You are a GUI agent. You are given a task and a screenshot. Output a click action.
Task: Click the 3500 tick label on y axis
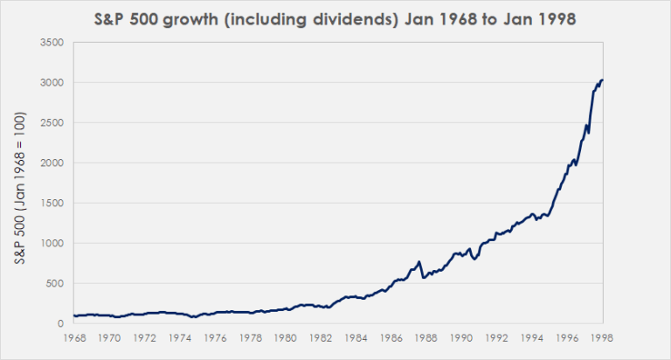(x=52, y=42)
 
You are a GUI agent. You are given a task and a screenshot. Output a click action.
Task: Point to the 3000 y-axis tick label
(x=52, y=82)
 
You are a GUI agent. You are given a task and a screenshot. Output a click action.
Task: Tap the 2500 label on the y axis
(x=52, y=122)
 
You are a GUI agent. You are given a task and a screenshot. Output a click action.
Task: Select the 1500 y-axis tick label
(x=52, y=203)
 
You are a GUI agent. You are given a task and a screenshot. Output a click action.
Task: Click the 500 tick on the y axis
(x=55, y=283)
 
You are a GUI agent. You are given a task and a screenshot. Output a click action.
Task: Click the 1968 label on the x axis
(x=74, y=336)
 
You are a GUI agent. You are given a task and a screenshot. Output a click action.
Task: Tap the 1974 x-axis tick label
(x=180, y=336)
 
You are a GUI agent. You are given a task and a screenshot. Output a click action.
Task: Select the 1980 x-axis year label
(x=286, y=336)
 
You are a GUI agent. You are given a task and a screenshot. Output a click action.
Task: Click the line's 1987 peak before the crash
(x=419, y=261)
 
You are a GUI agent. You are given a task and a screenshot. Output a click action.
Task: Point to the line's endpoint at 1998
(x=602, y=80)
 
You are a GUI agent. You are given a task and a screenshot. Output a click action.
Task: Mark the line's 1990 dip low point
(x=474, y=260)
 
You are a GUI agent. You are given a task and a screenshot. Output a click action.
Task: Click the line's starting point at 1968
(x=74, y=315)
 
